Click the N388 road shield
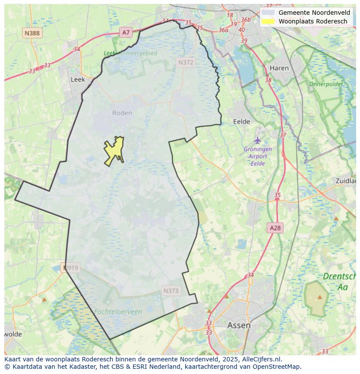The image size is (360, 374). point(32,33)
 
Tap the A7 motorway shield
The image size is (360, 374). point(126,32)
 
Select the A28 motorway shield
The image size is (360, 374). point(275,228)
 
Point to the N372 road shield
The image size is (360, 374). point(186,63)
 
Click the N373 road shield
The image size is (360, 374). point(171,291)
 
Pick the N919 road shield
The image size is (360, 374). point(70,268)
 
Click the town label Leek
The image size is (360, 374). point(78,79)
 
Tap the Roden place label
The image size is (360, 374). point(122,113)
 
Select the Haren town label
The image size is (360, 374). point(279,68)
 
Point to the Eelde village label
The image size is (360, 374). point(242,122)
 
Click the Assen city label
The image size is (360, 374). point(239,325)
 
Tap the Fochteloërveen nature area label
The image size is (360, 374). point(117,311)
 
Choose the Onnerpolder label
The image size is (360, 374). point(326,84)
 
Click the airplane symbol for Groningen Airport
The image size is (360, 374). point(258,140)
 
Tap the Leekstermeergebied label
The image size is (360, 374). point(130,53)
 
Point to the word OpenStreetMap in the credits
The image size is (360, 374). point(276,367)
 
